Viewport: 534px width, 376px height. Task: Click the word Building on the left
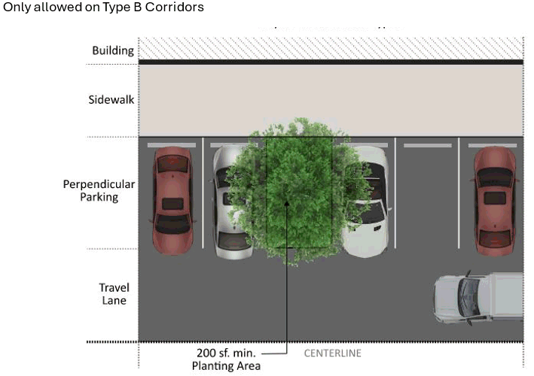tap(113, 51)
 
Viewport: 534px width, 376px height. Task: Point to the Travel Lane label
tap(114, 294)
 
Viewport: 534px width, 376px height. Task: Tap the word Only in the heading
tap(16, 7)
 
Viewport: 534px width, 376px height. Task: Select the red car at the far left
tap(172, 200)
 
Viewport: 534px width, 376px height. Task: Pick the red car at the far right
tap(494, 200)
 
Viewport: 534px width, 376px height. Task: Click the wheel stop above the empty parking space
tap(427, 144)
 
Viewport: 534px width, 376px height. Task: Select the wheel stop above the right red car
tap(492, 144)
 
